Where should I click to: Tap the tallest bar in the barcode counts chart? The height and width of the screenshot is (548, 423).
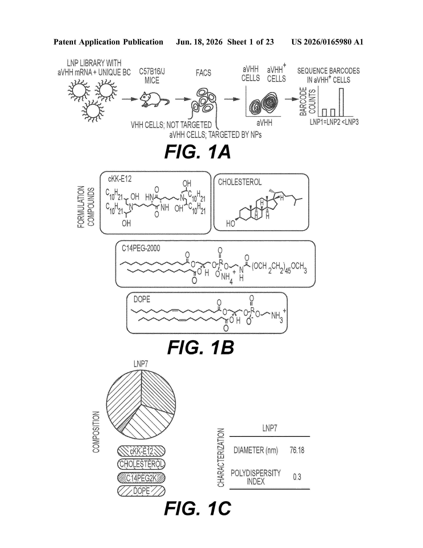click(341, 102)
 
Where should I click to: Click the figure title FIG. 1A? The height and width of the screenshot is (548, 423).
click(197, 152)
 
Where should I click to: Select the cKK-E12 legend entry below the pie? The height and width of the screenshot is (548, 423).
click(141, 451)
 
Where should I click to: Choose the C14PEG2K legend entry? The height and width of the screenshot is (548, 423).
click(141, 478)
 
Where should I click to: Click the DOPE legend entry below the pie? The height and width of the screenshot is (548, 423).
click(141, 491)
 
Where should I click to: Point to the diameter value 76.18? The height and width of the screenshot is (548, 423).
click(297, 450)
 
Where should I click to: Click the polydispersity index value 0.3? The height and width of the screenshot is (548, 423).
click(297, 477)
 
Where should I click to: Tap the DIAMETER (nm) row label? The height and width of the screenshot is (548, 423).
click(256, 450)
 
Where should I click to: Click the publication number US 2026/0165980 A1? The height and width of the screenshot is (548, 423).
click(327, 42)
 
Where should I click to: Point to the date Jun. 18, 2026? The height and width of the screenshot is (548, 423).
click(199, 42)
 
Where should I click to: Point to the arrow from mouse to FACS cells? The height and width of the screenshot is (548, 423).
click(183, 99)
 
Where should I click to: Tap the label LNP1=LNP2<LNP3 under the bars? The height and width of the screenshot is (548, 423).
click(334, 122)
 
